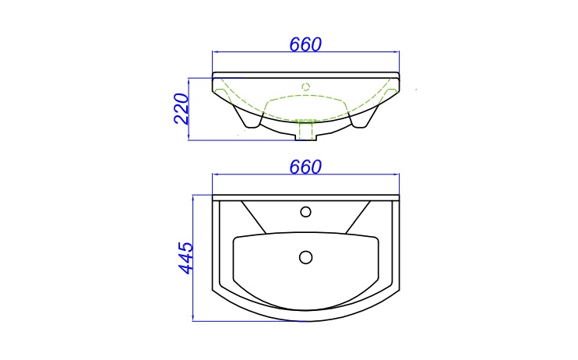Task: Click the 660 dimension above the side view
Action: tap(305, 44)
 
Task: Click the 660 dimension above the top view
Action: tap(305, 167)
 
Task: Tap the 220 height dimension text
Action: tap(181, 109)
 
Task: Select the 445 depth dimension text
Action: tap(186, 258)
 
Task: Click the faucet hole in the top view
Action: tap(305, 212)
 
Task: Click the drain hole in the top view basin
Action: tap(305, 257)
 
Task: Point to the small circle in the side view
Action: tap(305, 87)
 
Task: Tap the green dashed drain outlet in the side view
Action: tap(305, 130)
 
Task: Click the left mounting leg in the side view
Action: tap(247, 118)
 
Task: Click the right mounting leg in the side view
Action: tap(365, 118)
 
